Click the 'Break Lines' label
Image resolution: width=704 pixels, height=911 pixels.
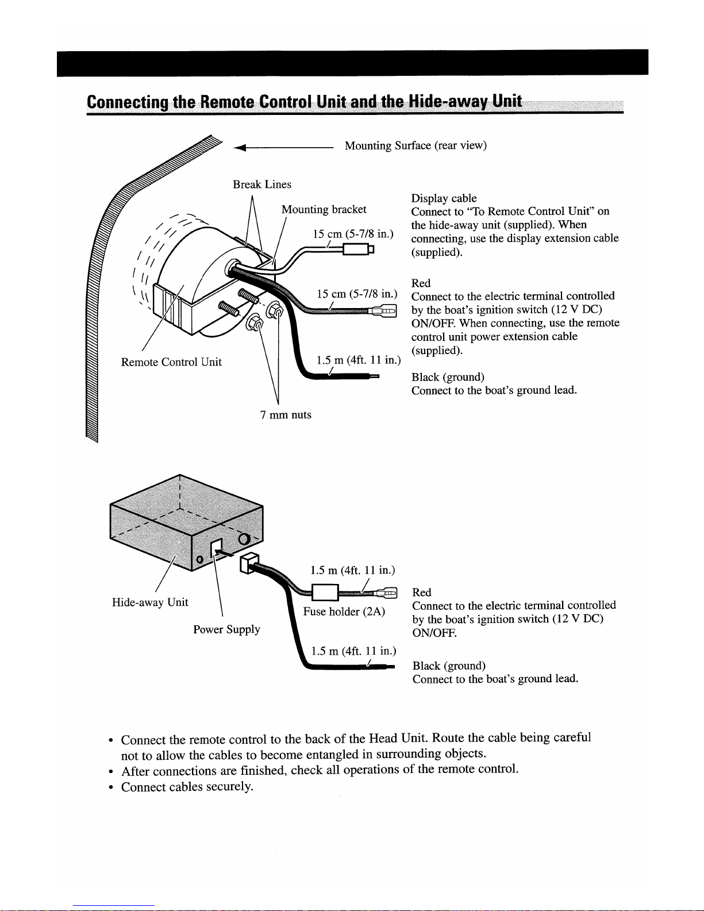point(262,184)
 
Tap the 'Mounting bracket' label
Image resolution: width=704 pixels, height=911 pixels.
point(324,209)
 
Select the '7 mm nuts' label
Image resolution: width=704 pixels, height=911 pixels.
point(286,414)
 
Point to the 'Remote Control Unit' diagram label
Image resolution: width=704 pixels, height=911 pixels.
point(171,362)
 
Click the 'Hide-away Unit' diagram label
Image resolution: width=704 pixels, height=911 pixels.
point(149,602)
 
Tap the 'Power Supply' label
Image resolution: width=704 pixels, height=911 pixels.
point(226,630)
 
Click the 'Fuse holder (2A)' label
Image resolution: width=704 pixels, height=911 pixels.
point(344,612)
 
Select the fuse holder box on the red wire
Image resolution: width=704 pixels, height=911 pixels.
point(325,593)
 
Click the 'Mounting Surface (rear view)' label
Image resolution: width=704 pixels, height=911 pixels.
point(416,145)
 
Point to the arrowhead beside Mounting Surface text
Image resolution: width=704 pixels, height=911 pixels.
point(239,147)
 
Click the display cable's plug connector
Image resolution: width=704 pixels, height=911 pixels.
point(358,249)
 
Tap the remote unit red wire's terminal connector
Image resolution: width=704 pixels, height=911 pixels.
point(383,311)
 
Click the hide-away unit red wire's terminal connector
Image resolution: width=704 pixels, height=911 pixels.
point(385,593)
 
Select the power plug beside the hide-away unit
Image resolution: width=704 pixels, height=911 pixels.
point(249,563)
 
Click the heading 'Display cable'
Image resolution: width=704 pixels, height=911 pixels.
point(444,198)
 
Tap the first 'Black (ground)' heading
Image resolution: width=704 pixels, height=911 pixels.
point(448,377)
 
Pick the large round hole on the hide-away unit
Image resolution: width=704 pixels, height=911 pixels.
point(244,539)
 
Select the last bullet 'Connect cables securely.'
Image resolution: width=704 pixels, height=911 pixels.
point(187,786)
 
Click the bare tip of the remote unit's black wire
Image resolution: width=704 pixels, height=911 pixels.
point(374,376)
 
